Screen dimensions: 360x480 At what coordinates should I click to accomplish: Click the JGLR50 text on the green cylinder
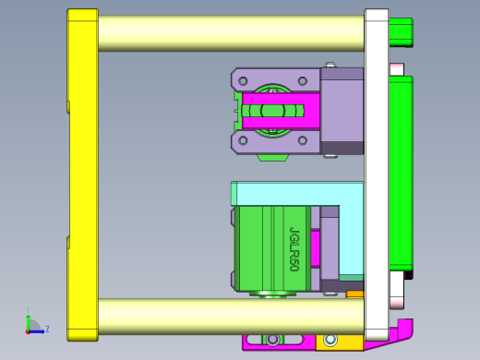[x=294, y=248]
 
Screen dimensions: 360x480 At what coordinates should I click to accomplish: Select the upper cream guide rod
[x=231, y=33]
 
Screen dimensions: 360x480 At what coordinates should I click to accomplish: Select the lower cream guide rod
[x=231, y=316]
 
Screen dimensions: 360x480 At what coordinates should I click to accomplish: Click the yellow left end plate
[x=82, y=175]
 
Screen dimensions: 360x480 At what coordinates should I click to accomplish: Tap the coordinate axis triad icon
[x=32, y=325]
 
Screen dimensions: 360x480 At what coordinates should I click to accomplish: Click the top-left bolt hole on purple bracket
[x=243, y=79]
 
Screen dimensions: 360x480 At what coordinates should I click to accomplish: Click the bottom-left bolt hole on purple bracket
[x=243, y=140]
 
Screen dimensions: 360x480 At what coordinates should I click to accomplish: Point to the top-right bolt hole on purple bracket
[x=304, y=79]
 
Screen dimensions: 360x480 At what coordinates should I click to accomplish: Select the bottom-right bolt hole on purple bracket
[x=304, y=140]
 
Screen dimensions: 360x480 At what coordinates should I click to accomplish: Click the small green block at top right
[x=401, y=32]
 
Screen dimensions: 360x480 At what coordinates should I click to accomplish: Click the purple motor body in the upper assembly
[x=341, y=111]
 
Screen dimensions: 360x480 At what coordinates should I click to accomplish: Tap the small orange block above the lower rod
[x=354, y=295]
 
